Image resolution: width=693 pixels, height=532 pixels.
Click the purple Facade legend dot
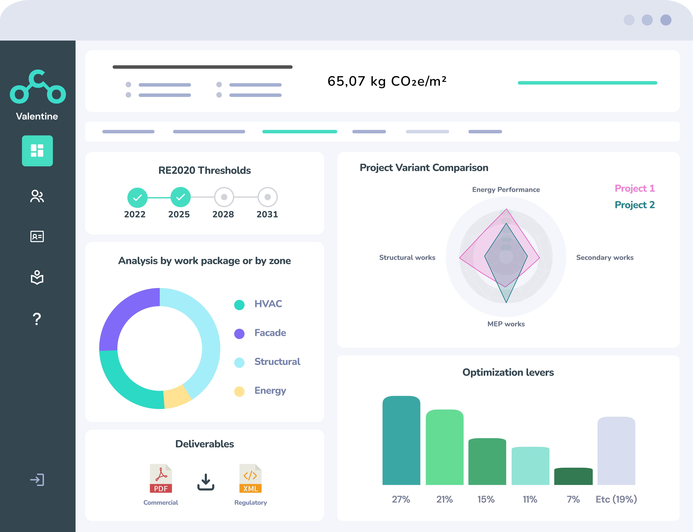pos(239,333)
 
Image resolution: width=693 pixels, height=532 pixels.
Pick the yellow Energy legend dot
pos(239,391)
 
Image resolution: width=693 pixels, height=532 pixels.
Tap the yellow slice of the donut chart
pos(177,397)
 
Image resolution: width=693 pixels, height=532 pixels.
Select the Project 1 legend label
pos(634,188)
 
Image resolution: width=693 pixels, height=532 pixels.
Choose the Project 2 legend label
pos(634,205)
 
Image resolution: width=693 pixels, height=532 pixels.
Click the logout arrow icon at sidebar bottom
pos(37,480)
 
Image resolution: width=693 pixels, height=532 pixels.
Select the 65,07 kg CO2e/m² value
pos(387,81)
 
